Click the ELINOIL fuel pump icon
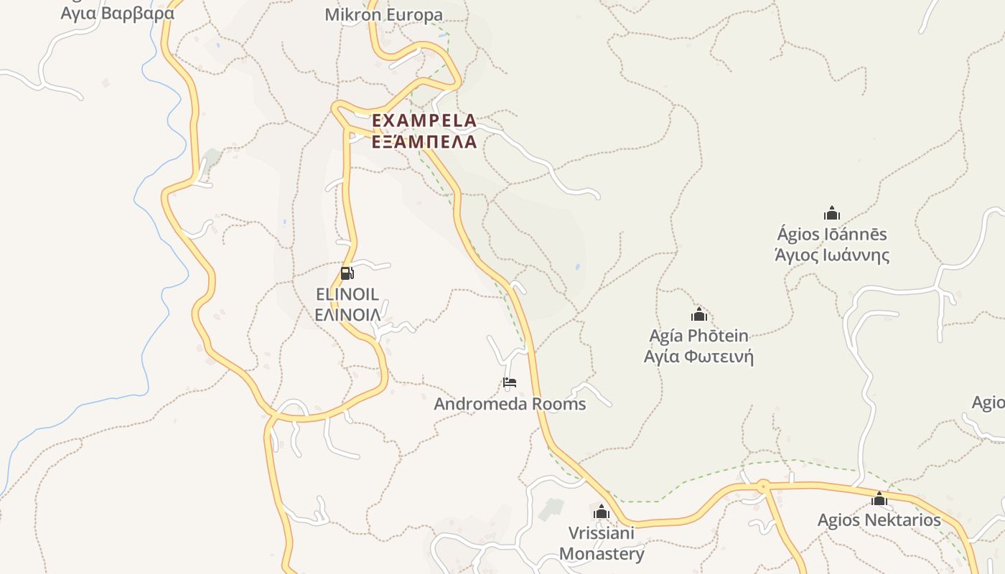(x=347, y=273)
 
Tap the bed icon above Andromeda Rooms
(x=510, y=382)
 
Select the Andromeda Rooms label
(x=510, y=404)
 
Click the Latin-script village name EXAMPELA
(x=424, y=120)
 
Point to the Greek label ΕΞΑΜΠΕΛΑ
(x=424, y=141)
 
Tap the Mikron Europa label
(x=384, y=14)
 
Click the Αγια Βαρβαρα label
(x=118, y=13)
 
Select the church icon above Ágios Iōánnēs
(x=832, y=213)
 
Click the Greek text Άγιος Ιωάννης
(x=832, y=255)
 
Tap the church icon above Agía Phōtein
(x=699, y=314)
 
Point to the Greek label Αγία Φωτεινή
(x=699, y=357)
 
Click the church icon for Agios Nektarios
(x=879, y=499)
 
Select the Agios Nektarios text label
(x=879, y=520)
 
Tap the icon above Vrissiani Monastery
(x=602, y=512)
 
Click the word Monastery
(x=602, y=554)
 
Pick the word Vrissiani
(x=602, y=533)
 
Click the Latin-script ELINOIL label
(x=347, y=294)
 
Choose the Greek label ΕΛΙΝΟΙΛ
(x=347, y=314)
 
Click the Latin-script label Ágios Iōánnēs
(x=832, y=235)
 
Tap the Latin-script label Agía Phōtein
(x=699, y=336)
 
